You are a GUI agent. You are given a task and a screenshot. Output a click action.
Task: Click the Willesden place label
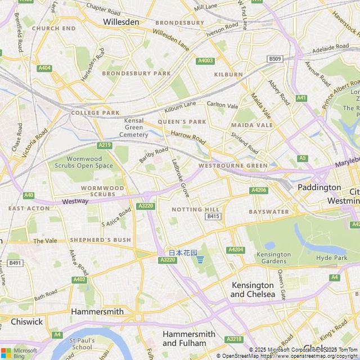(x=121, y=22)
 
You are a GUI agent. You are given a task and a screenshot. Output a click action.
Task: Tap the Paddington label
(x=319, y=187)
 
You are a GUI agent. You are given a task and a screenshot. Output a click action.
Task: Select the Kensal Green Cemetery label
(x=134, y=128)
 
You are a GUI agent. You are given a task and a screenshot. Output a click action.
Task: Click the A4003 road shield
(x=205, y=61)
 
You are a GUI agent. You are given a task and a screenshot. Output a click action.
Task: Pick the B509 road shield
(x=274, y=59)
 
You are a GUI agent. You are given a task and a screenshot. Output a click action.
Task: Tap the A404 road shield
(x=44, y=68)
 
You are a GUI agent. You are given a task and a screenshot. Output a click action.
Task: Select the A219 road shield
(x=105, y=145)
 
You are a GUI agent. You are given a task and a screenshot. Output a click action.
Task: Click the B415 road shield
(x=213, y=217)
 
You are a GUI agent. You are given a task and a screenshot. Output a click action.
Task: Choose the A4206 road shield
(x=259, y=190)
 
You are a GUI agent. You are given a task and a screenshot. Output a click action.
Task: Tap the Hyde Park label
(x=332, y=258)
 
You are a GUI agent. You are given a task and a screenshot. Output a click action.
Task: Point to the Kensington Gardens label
(x=274, y=258)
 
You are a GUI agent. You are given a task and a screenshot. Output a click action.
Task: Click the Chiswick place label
(x=26, y=322)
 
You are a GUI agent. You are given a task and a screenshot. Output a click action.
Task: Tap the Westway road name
(x=75, y=201)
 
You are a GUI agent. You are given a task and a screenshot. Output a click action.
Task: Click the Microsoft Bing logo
(x=19, y=353)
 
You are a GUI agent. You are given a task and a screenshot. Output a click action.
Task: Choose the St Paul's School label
(x=81, y=344)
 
